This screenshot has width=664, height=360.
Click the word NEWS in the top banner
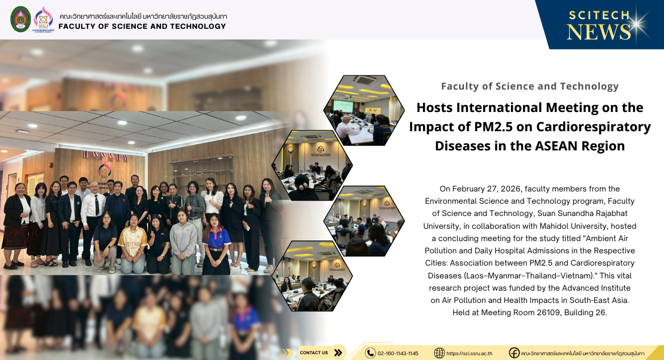pyautogui.click(x=599, y=32)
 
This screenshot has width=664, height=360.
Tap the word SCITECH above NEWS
pyautogui.click(x=599, y=15)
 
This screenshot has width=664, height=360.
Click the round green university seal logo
pyautogui.click(x=20, y=19)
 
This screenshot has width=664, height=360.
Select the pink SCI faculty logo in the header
pyautogui.click(x=43, y=19)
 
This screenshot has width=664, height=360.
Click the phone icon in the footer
pyautogui.click(x=370, y=353)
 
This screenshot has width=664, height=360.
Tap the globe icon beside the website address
pyautogui.click(x=439, y=353)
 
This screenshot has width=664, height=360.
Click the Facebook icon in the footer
pyautogui.click(x=514, y=353)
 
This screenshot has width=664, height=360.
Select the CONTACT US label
pyautogui.click(x=314, y=353)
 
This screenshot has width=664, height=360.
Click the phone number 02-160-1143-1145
pyautogui.click(x=398, y=353)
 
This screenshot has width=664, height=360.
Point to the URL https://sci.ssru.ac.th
pyautogui.click(x=469, y=353)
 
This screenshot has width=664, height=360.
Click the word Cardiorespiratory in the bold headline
pyautogui.click(x=594, y=127)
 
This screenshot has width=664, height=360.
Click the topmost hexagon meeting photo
pyautogui.click(x=364, y=110)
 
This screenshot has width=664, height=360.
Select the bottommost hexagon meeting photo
pyautogui.click(x=312, y=276)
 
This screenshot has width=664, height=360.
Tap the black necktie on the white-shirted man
pyautogui.click(x=97, y=205)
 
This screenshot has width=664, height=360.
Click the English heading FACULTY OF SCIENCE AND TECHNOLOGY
pyautogui.click(x=142, y=26)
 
